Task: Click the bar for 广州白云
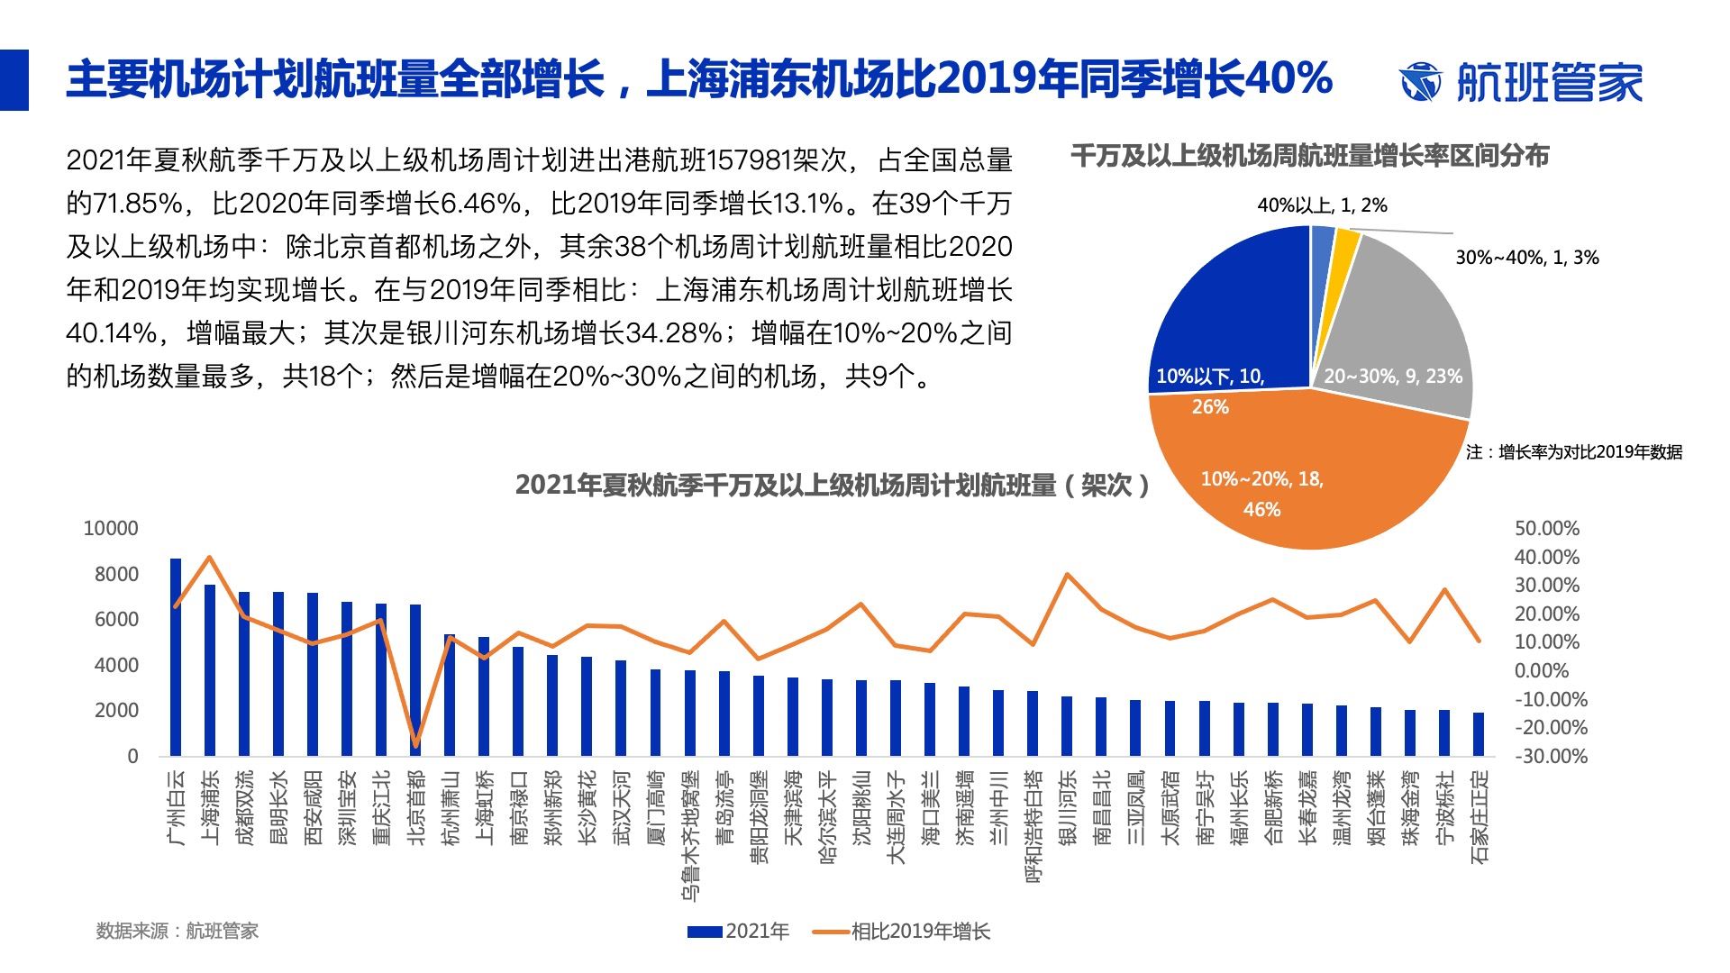pyautogui.click(x=176, y=658)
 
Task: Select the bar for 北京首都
pyautogui.click(x=415, y=680)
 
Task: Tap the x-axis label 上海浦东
pyautogui.click(x=211, y=807)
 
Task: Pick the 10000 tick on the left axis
pyautogui.click(x=111, y=529)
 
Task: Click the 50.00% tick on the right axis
pyautogui.click(x=1546, y=529)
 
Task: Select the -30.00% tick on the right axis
pyautogui.click(x=1550, y=756)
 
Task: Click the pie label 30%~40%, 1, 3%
pyautogui.click(x=1526, y=258)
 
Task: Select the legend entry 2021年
pyautogui.click(x=739, y=932)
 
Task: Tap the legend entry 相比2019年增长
pyautogui.click(x=901, y=932)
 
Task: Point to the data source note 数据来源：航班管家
pyautogui.click(x=178, y=932)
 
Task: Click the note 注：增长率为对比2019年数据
pyautogui.click(x=1573, y=452)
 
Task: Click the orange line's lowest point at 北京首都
pyautogui.click(x=415, y=745)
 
